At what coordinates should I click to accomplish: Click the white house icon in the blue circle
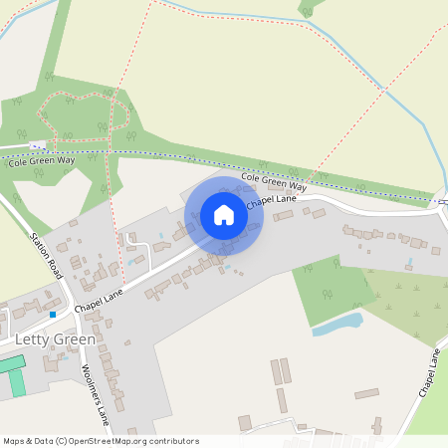coord(224,215)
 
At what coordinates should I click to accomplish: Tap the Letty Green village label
coord(56,339)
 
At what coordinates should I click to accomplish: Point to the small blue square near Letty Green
coord(52,315)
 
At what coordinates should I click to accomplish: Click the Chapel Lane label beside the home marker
coord(272,200)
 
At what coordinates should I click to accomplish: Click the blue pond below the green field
coord(337,325)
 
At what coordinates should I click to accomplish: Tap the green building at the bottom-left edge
coord(10,377)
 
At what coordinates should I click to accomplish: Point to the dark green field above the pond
coord(330,288)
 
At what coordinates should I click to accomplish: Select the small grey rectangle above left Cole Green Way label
coord(39,145)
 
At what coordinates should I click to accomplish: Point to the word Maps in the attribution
coord(15,441)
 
